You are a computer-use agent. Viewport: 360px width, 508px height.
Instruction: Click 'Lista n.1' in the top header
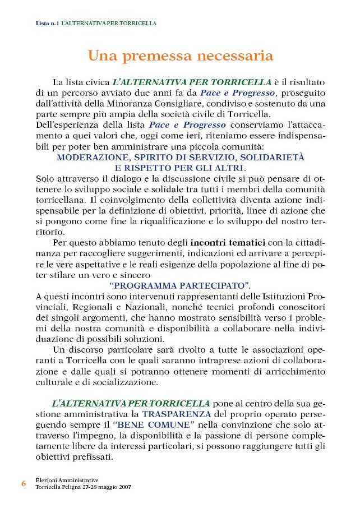[47, 24]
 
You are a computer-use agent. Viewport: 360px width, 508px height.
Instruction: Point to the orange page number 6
[24, 483]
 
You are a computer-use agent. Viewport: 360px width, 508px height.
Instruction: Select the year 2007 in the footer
[124, 487]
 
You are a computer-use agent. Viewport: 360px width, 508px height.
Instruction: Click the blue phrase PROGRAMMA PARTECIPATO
[180, 285]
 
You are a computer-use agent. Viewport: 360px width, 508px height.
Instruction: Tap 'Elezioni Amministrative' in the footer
[67, 480]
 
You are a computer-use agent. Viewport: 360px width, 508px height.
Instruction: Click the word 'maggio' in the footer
[105, 487]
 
